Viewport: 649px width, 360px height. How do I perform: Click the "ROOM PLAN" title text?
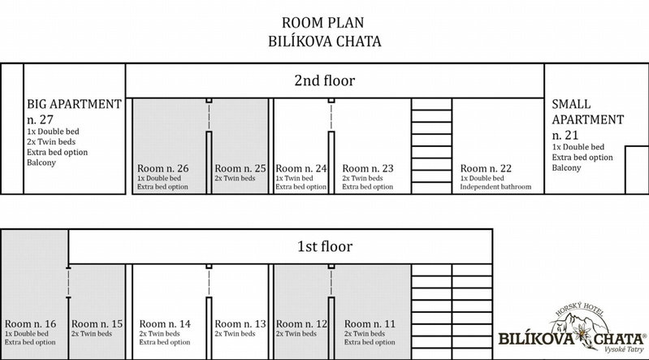[322, 23]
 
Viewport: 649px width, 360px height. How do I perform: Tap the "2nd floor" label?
[325, 80]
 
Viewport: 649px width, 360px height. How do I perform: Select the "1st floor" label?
[325, 246]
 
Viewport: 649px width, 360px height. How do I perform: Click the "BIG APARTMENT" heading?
[75, 104]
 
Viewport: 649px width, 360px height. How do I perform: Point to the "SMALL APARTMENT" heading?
[588, 112]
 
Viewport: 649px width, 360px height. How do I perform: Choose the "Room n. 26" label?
[162, 168]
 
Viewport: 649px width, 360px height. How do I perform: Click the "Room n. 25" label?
[240, 168]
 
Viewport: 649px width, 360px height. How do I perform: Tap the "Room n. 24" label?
[301, 168]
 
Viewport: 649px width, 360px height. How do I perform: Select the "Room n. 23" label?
[367, 168]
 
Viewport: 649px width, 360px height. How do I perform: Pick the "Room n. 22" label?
[486, 168]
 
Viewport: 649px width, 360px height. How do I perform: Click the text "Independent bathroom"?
[495, 187]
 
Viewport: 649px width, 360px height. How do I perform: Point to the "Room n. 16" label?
[30, 324]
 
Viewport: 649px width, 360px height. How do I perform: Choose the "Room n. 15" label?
[97, 324]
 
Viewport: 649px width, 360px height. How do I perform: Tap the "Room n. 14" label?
[165, 324]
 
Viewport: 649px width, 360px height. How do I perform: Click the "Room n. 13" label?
[240, 324]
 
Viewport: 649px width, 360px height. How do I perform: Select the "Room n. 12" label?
[301, 324]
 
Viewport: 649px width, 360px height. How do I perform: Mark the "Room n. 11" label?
[370, 324]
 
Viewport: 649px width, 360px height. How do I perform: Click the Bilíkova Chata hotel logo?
[572, 328]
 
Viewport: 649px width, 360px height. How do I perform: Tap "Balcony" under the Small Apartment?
[566, 167]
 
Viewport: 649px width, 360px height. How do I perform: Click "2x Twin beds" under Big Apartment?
[51, 141]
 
